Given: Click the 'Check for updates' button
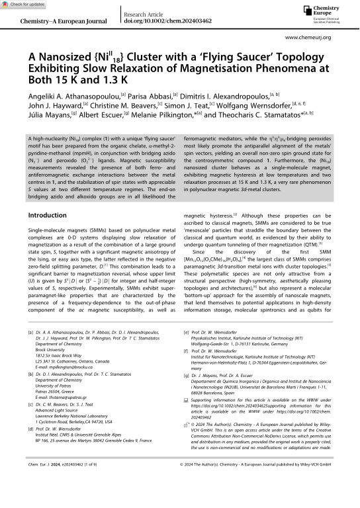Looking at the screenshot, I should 24,5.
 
